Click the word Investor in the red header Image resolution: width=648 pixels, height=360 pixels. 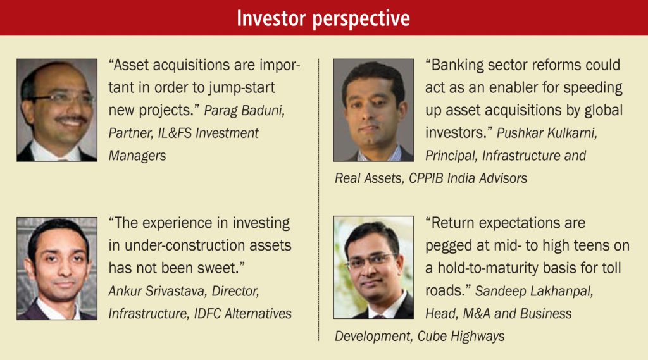[x=271, y=18]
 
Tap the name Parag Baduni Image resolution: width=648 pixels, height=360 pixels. [x=244, y=111]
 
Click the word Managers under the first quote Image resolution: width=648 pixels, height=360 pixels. [x=137, y=156]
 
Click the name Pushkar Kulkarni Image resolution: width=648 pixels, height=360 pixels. [x=547, y=133]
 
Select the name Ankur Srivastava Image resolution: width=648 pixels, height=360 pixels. [x=158, y=291]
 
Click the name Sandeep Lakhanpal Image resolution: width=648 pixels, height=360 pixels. [x=534, y=292]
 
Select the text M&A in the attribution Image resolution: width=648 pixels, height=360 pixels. [x=476, y=314]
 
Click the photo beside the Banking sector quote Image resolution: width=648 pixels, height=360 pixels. [x=373, y=110]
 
